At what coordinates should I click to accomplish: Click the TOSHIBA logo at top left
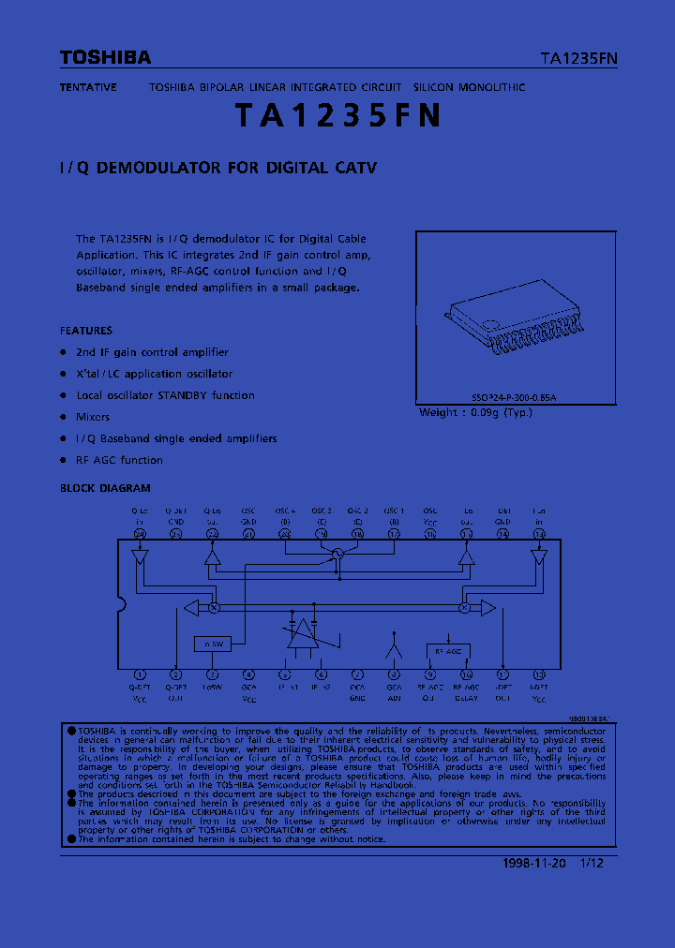(105, 58)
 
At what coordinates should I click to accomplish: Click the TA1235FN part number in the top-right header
(578, 58)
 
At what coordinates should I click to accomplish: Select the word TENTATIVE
(88, 87)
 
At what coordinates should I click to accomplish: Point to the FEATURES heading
(86, 331)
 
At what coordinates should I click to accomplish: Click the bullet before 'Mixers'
(64, 417)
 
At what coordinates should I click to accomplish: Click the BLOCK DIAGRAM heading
(105, 488)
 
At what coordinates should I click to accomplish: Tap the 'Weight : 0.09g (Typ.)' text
(474, 412)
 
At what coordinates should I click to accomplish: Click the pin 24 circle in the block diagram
(140, 534)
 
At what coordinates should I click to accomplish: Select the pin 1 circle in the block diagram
(140, 674)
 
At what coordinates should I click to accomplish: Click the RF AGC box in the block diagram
(448, 651)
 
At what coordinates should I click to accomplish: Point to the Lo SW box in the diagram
(212, 644)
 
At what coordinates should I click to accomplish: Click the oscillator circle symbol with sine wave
(338, 556)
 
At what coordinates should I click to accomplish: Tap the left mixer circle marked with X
(213, 608)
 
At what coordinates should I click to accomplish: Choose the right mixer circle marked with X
(463, 608)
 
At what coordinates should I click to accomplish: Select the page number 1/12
(592, 864)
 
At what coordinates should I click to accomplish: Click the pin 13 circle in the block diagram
(539, 534)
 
